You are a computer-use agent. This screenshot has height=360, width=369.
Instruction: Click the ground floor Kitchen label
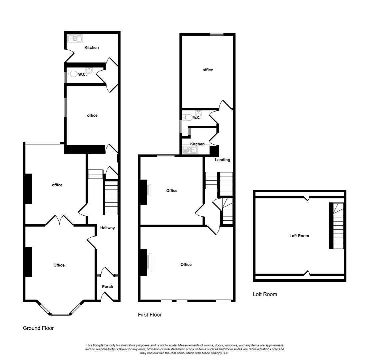(92, 48)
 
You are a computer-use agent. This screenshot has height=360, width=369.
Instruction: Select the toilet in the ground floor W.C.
(73, 74)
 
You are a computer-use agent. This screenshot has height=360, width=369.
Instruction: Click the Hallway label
(107, 228)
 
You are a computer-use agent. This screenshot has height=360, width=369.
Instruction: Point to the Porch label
(107, 287)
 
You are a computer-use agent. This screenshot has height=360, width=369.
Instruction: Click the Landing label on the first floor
(222, 160)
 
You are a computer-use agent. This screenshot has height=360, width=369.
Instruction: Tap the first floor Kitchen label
(197, 144)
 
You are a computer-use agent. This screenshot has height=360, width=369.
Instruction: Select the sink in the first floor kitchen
(190, 150)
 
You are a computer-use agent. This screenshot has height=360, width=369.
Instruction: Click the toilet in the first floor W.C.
(188, 117)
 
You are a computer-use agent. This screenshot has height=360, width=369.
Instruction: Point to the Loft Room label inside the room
(299, 236)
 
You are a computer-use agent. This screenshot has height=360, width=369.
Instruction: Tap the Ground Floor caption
(38, 328)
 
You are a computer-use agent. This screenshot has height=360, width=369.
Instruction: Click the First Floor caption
(150, 315)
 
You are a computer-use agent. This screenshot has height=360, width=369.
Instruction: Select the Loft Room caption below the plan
(265, 294)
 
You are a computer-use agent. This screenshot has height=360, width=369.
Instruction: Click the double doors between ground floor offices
(59, 220)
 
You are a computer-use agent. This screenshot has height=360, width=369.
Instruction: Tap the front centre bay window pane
(60, 314)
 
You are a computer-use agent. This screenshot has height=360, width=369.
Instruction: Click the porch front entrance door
(107, 297)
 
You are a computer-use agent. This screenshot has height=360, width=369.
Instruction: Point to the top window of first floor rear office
(216, 34)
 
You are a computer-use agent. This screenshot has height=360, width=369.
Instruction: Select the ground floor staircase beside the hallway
(111, 198)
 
